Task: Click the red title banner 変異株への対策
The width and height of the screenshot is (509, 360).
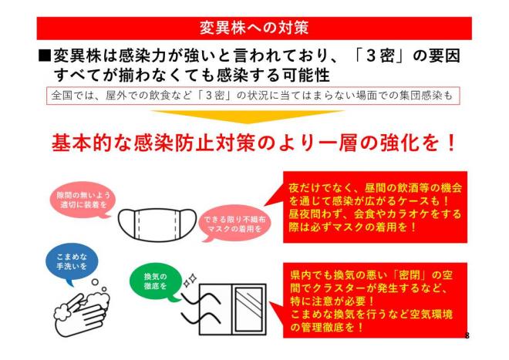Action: pyautogui.click(x=254, y=29)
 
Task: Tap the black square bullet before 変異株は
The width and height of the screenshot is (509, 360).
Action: pyautogui.click(x=45, y=56)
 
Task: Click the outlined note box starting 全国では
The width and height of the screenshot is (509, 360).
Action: pyautogui.click(x=253, y=96)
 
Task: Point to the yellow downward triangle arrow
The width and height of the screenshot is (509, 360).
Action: pyautogui.click(x=248, y=116)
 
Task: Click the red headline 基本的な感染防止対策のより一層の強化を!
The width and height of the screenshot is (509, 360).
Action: pyautogui.click(x=254, y=143)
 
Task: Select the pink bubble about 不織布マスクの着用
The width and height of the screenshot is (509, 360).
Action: pyautogui.click(x=234, y=224)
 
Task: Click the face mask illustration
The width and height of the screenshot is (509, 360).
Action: pyautogui.click(x=157, y=225)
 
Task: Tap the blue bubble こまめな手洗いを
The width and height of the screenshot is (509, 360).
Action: pyautogui.click(x=72, y=262)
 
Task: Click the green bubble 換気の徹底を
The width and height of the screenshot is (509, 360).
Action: pyautogui.click(x=156, y=281)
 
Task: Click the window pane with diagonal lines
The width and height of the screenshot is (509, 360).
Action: pyautogui.click(x=248, y=309)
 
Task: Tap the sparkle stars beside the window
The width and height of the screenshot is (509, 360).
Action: pyautogui.click(x=190, y=281)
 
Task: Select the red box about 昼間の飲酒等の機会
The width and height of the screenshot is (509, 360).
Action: pyautogui.click(x=375, y=207)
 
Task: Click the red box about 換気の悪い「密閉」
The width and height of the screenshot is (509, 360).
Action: pyautogui.click(x=375, y=301)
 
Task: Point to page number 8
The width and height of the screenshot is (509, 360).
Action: pyautogui.click(x=467, y=335)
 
